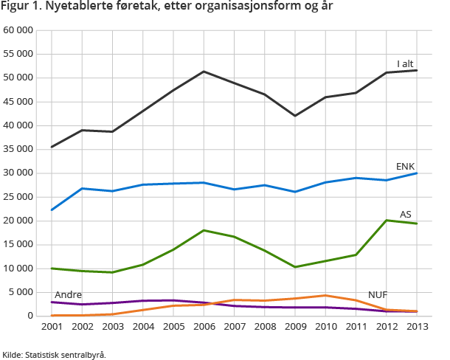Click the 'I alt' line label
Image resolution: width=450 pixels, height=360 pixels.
point(405,64)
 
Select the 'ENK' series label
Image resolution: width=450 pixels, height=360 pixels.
point(405,167)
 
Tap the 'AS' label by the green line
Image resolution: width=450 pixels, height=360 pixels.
point(405,215)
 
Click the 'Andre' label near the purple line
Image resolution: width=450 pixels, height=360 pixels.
point(68,294)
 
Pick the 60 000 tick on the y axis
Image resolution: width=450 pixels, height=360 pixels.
point(18,30)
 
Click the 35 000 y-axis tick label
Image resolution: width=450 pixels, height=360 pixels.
point(18,149)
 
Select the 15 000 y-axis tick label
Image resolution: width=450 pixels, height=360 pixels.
point(18,244)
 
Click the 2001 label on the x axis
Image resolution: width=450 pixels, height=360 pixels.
point(52,326)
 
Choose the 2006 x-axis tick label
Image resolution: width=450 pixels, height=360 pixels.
point(204,326)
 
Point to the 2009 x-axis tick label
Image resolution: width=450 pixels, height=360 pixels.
point(295,326)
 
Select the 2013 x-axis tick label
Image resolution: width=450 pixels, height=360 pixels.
point(417,326)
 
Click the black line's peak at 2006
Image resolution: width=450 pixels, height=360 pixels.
point(204,72)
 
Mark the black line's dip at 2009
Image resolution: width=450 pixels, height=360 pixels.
point(295,116)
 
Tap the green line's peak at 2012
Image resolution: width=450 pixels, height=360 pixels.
point(387,220)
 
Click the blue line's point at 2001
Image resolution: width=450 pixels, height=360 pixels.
point(52,210)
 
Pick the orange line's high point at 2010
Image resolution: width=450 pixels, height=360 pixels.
point(325,295)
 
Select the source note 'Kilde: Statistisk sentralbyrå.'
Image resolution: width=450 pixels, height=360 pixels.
point(54,354)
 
